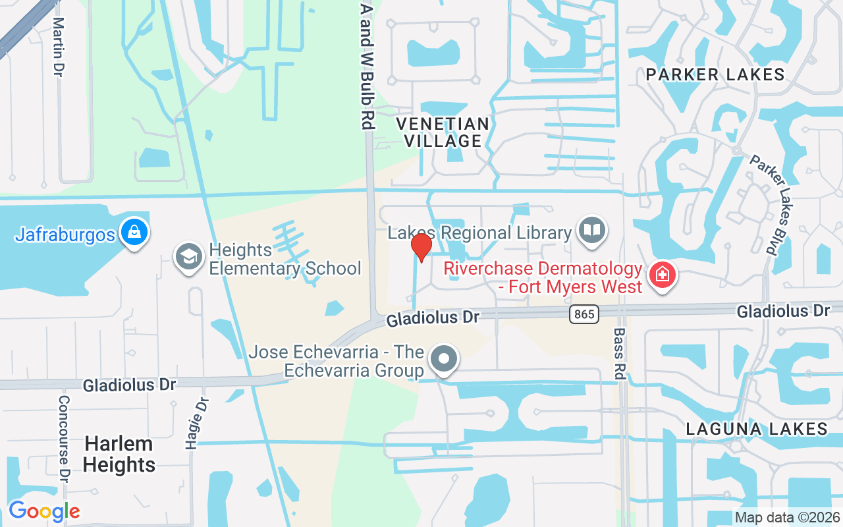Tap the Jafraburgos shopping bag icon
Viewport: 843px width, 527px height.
click(134, 233)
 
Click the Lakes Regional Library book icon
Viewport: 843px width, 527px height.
click(591, 231)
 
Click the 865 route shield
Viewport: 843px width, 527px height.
click(584, 314)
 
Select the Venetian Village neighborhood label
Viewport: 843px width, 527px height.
click(443, 132)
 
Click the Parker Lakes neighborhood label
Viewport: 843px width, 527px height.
click(715, 74)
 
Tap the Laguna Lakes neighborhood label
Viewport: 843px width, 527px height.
click(757, 429)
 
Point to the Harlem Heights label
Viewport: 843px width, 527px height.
click(119, 454)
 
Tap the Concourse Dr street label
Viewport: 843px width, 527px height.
click(64, 437)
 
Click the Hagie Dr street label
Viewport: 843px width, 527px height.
click(194, 424)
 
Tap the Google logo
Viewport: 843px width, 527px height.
click(44, 511)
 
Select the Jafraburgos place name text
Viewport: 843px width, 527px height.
click(65, 235)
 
